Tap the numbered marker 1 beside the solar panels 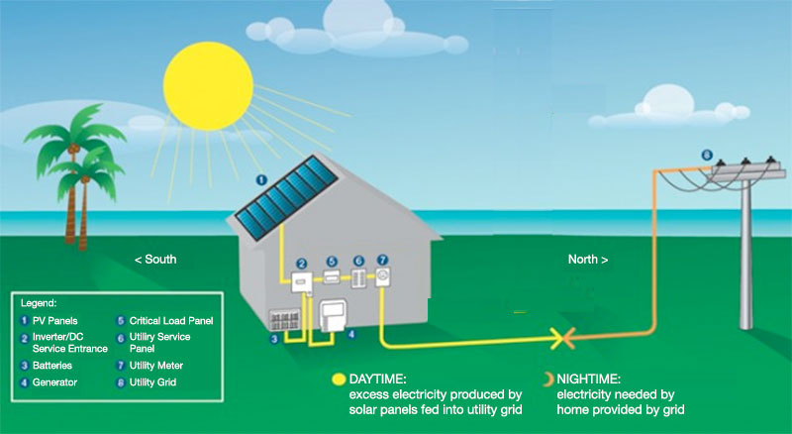pyautogui.click(x=261, y=179)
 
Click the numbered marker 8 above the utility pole pyautogui.click(x=705, y=155)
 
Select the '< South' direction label pyautogui.click(x=155, y=260)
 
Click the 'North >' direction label pyautogui.click(x=588, y=260)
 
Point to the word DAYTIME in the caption pyautogui.click(x=379, y=379)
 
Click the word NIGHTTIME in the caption pyautogui.click(x=591, y=379)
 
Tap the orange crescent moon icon pyautogui.click(x=548, y=379)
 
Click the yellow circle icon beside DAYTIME pyautogui.click(x=339, y=379)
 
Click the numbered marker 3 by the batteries pyautogui.click(x=274, y=339)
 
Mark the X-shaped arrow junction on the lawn pyautogui.click(x=561, y=340)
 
